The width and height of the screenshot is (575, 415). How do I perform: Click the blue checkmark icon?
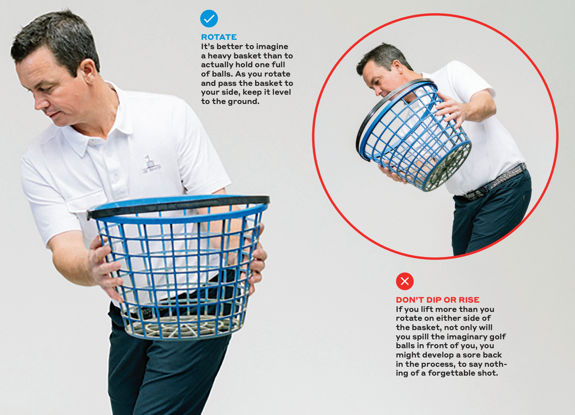pos(209,19)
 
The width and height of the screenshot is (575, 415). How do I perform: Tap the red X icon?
pos(405,281)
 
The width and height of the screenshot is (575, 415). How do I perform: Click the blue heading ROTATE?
pos(218,37)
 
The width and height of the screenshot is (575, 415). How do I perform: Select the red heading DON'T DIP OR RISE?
pos(437,300)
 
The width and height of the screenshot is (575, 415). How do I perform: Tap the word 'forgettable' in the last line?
pos(452,373)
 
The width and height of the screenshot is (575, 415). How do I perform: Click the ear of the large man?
pos(88,71)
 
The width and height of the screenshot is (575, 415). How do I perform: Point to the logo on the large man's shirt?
pos(151,164)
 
